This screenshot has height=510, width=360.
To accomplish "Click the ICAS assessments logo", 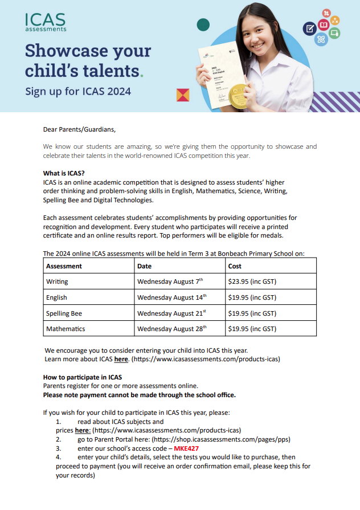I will (46, 22).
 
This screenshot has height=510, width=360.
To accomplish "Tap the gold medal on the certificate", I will (238, 95).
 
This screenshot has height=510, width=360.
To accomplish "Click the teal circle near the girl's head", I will (203, 25).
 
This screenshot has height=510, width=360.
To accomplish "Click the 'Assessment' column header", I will (64, 266).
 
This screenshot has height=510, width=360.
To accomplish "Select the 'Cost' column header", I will (235, 266).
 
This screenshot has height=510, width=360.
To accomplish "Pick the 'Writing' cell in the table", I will (57, 281).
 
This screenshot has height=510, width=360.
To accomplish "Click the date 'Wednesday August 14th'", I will (171, 297).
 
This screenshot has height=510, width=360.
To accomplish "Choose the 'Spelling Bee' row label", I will (64, 313).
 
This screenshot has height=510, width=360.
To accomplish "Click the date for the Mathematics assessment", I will (171, 329).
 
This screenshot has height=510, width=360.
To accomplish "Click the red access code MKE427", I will (186, 448).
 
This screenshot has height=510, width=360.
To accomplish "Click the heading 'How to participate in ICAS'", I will (83, 377).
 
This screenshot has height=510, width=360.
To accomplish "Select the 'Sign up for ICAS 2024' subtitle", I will (78, 91).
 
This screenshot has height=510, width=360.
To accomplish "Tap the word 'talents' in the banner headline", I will (108, 71).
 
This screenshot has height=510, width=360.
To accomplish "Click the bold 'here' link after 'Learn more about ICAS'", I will (121, 360).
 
